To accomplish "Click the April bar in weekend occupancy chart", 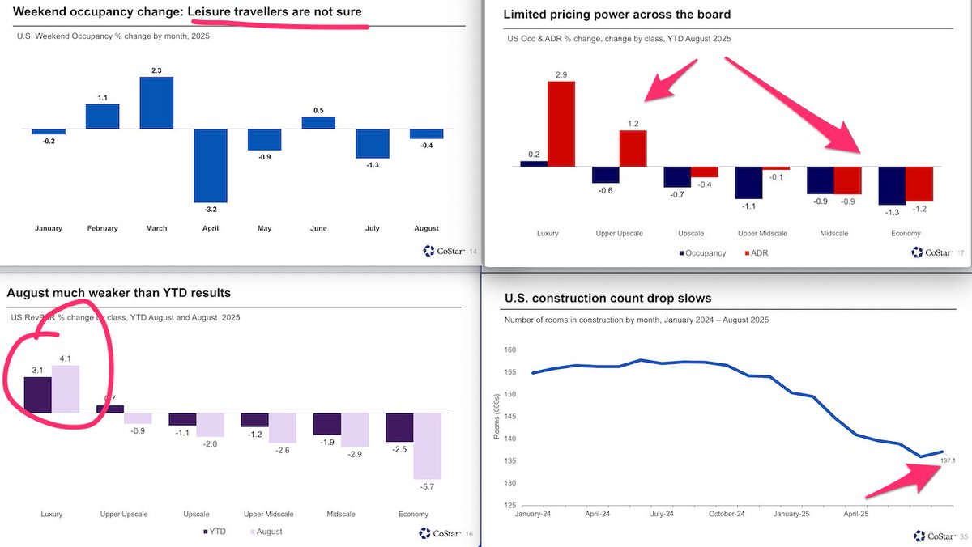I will pyautogui.click(x=211, y=165).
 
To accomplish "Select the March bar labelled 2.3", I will pyautogui.click(x=156, y=103).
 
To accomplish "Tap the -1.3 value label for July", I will pyautogui.click(x=372, y=165).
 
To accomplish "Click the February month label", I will pyautogui.click(x=102, y=228).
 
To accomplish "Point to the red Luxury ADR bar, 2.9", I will pyautogui.click(x=561, y=124).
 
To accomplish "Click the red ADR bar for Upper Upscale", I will pyautogui.click(x=633, y=148).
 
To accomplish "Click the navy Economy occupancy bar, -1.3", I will pyautogui.click(x=892, y=186).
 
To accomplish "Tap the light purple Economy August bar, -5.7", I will pyautogui.click(x=427, y=446).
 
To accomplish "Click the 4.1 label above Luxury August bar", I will pyautogui.click(x=66, y=358).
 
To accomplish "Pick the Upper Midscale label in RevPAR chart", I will pyautogui.click(x=268, y=514).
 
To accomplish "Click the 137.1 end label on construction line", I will pyautogui.click(x=949, y=460).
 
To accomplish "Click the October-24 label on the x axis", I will pyautogui.click(x=727, y=514).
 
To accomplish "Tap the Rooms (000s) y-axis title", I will pyautogui.click(x=496, y=418).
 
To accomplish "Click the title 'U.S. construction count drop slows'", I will pyautogui.click(x=607, y=299).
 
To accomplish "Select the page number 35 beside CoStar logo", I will pyautogui.click(x=964, y=536).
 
